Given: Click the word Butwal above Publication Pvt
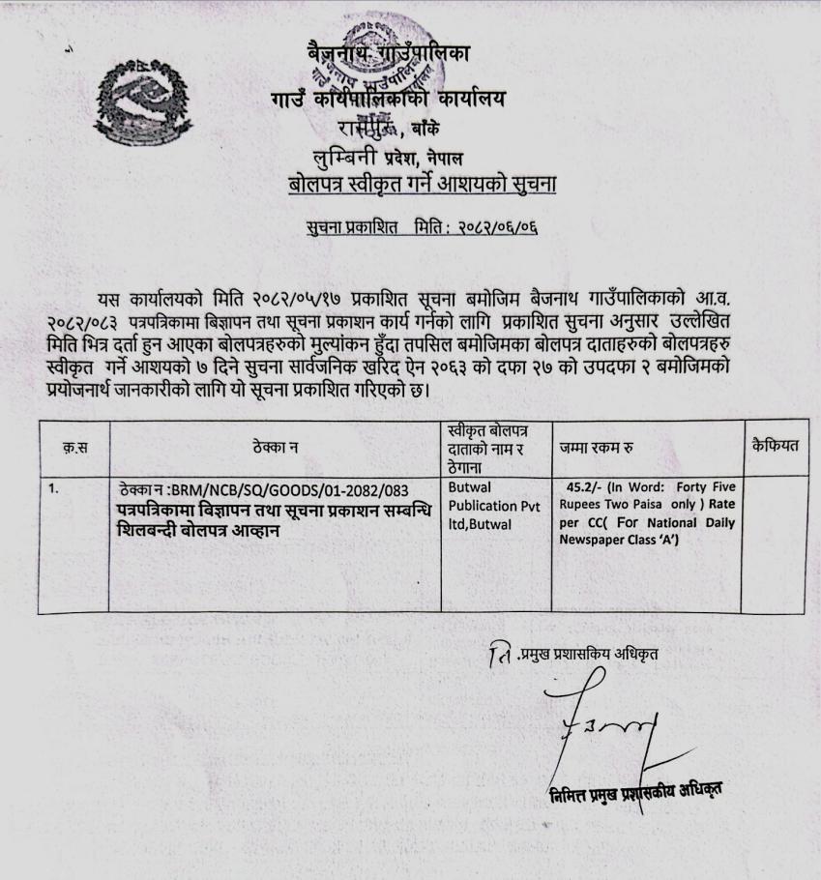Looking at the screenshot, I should coord(471,488).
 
